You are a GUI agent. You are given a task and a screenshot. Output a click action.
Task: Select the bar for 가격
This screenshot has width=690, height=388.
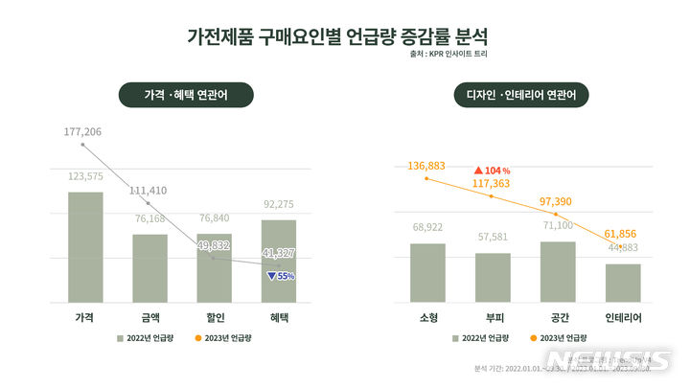point(85,247)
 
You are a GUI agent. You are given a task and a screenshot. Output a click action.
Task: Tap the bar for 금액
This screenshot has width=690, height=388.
point(149,268)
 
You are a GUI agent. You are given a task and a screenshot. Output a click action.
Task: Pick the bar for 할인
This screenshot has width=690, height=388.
point(214,268)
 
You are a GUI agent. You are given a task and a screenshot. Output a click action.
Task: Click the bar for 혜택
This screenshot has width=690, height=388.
point(279,261)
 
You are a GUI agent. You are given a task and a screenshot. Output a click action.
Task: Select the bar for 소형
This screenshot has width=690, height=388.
point(427,273)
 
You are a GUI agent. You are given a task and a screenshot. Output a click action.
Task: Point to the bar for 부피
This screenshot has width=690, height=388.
point(493,278)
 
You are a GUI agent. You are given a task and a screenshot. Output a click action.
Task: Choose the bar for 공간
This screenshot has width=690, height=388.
point(558,272)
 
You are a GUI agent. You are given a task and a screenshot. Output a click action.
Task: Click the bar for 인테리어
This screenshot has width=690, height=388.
point(623,283)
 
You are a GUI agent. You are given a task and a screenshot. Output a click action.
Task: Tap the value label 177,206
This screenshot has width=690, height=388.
point(82,131)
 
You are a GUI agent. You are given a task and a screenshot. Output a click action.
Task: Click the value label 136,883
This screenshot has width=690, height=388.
point(426,166)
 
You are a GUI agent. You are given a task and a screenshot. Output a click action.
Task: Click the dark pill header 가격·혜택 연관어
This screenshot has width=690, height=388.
point(186,96)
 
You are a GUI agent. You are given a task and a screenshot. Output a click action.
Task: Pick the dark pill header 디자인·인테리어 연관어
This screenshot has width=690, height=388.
point(521,96)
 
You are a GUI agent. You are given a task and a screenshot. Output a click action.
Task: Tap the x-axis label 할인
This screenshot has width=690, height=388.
point(214,316)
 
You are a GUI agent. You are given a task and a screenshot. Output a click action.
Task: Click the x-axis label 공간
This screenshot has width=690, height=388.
point(558,316)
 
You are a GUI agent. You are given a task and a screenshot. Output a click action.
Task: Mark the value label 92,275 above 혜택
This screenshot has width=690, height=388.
point(279,203)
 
